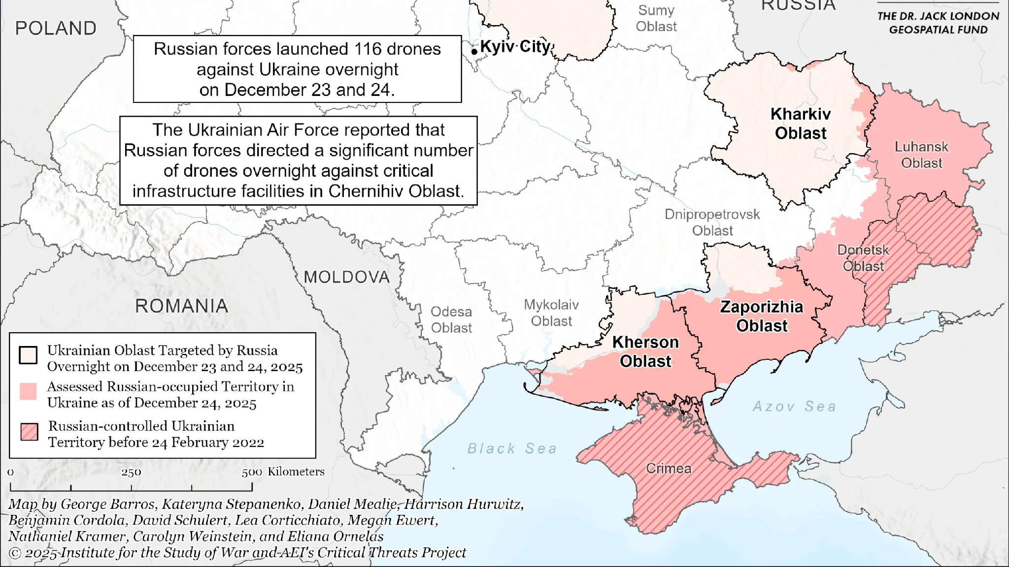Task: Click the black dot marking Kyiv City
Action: coord(474,51)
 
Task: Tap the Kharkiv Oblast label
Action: coord(800,124)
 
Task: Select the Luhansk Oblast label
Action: coord(921,155)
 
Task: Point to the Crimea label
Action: coord(669,468)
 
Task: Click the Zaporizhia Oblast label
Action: coord(762,316)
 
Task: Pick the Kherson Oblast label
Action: coord(645,351)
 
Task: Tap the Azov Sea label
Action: coord(794,407)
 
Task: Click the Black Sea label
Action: coord(512,448)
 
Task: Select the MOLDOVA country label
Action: coord(347,277)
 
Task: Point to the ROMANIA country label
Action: coord(182,306)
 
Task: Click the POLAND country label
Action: coord(56,29)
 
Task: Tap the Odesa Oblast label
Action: coord(451,319)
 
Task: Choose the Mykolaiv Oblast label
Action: coord(551,313)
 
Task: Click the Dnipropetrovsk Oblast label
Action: coord(712,222)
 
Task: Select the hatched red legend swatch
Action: coord(29,432)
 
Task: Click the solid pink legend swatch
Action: coord(28,391)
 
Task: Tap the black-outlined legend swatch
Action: coord(28,355)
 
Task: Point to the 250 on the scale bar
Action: coord(131,472)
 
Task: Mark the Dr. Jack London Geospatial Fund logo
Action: coord(938,23)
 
